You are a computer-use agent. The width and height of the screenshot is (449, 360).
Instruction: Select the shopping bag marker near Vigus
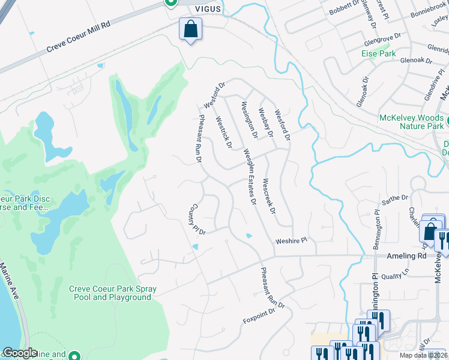click(190, 29)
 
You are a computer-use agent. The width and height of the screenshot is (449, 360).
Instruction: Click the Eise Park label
click(378, 53)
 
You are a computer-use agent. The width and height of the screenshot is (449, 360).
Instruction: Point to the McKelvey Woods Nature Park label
click(411, 122)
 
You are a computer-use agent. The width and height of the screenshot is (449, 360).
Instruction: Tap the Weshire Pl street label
click(291, 241)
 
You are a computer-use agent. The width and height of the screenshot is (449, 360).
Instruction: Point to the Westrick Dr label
click(224, 132)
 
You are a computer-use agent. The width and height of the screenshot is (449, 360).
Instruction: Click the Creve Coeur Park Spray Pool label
click(113, 293)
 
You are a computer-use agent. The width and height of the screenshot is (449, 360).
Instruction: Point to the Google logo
click(20, 353)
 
